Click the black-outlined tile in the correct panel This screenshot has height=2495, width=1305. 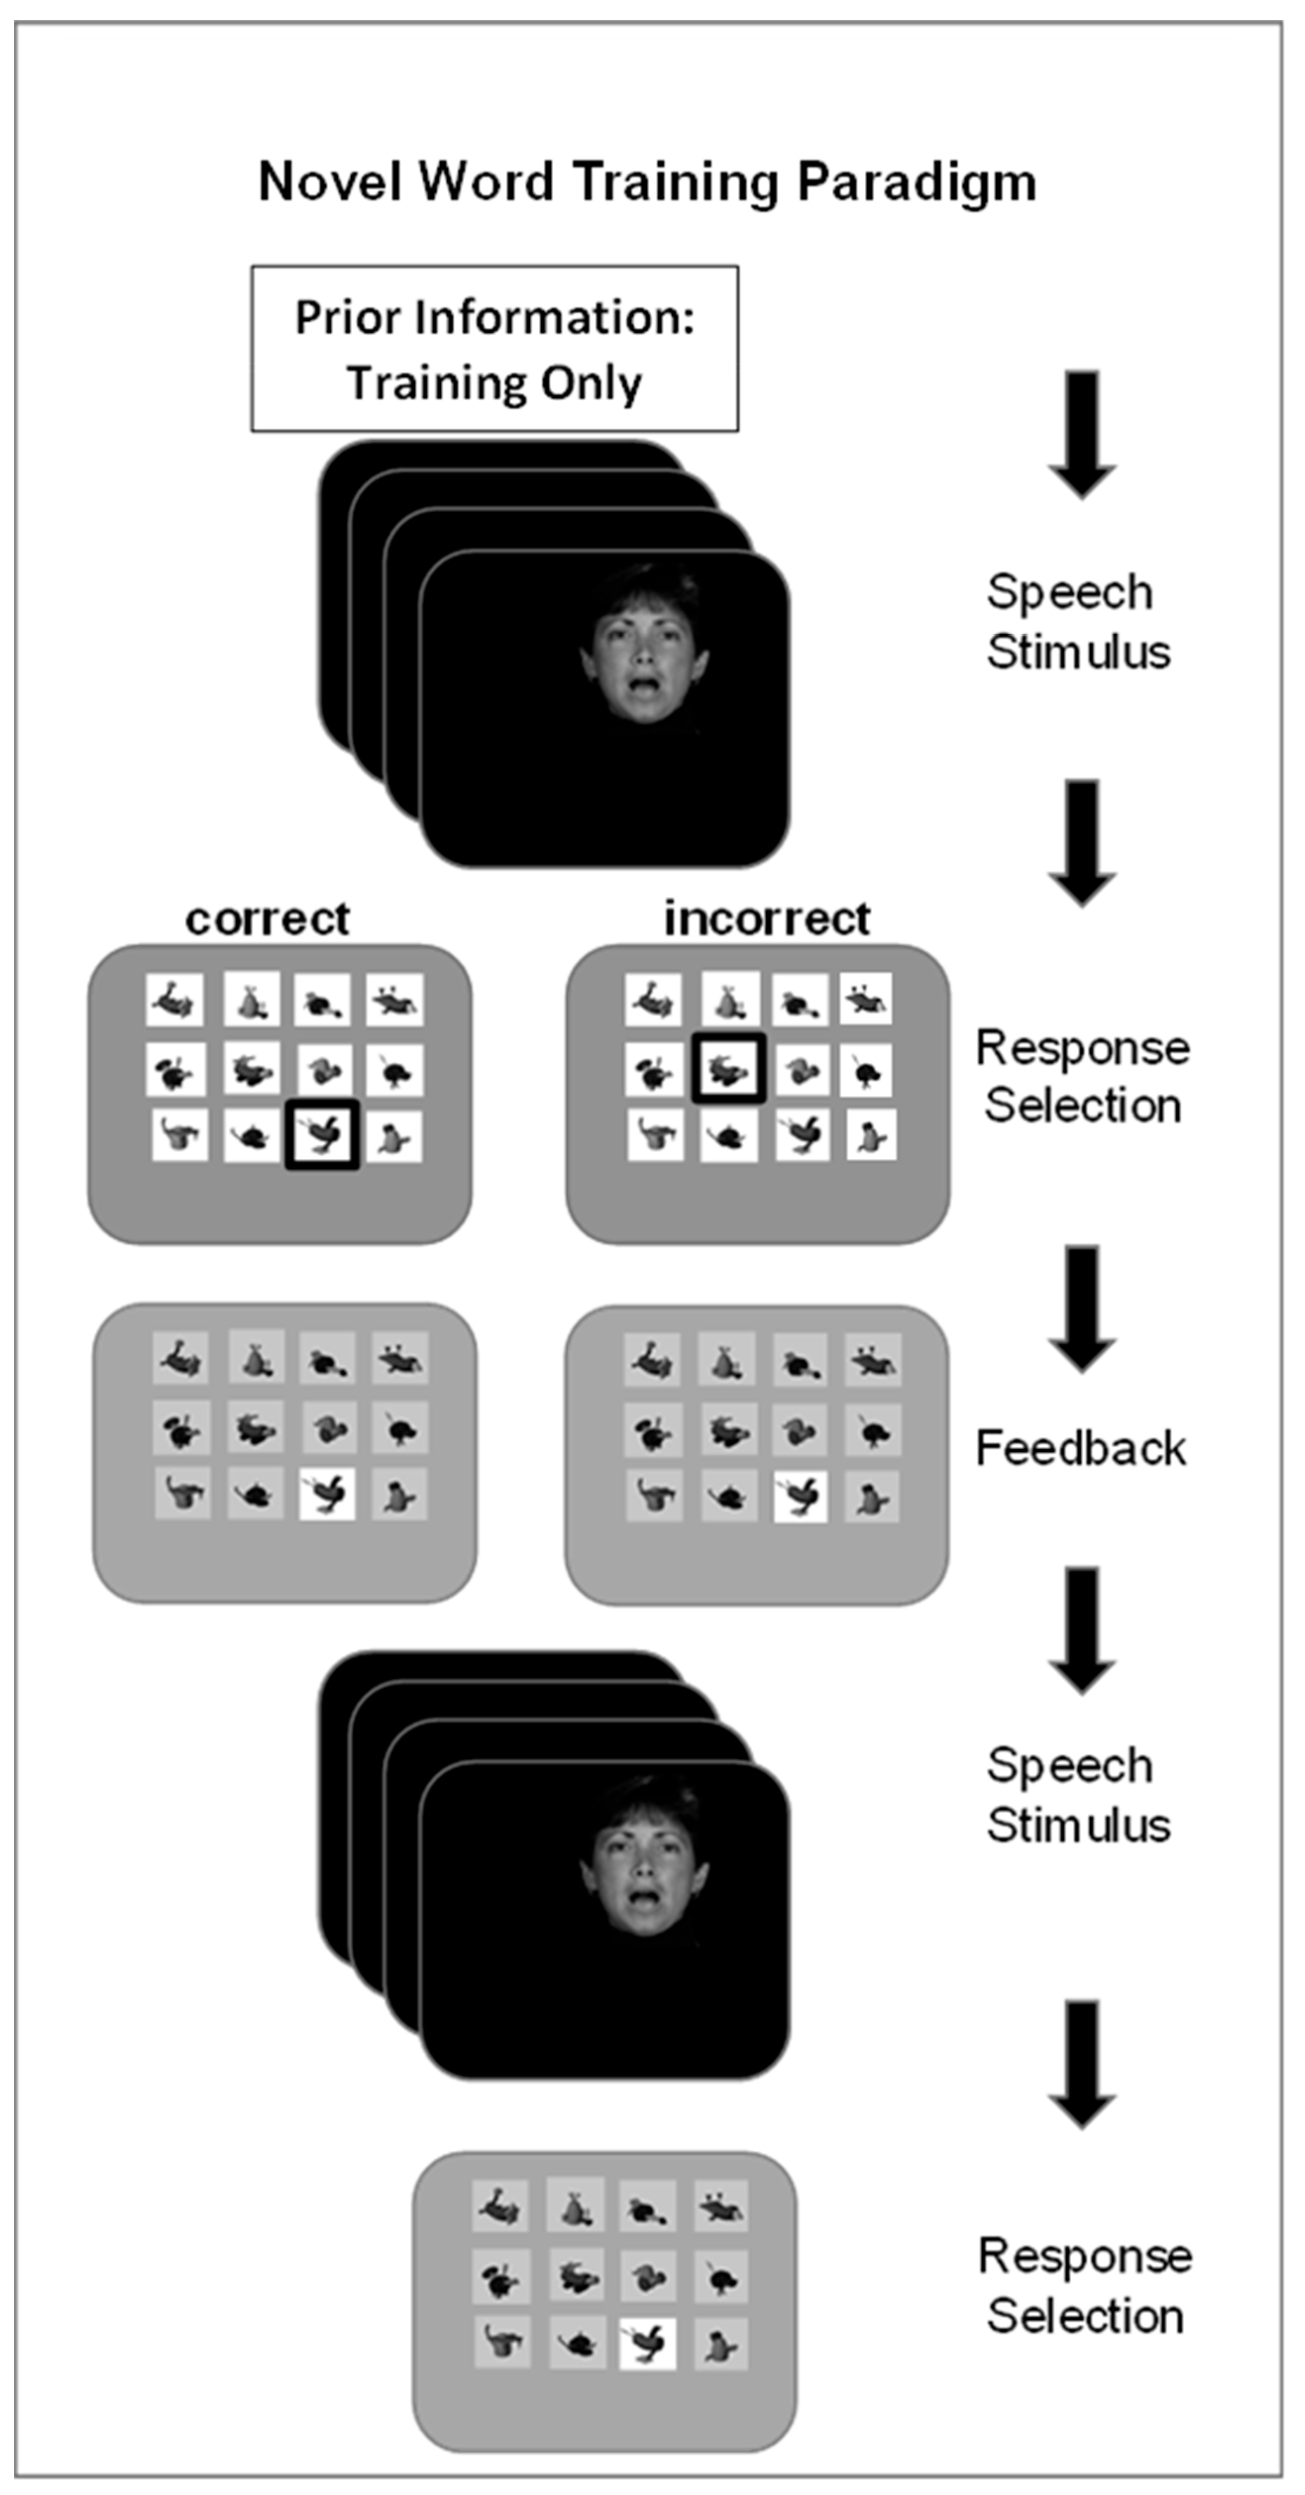pos(322,1134)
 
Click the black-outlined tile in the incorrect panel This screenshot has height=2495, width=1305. pos(729,1068)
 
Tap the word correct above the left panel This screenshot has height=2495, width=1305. pos(267,918)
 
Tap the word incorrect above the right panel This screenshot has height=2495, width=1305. pos(766,918)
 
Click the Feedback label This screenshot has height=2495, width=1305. pos(1080,1448)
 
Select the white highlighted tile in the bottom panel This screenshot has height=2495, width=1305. pos(647,2344)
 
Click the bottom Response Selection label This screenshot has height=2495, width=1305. pos(1084,2286)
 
